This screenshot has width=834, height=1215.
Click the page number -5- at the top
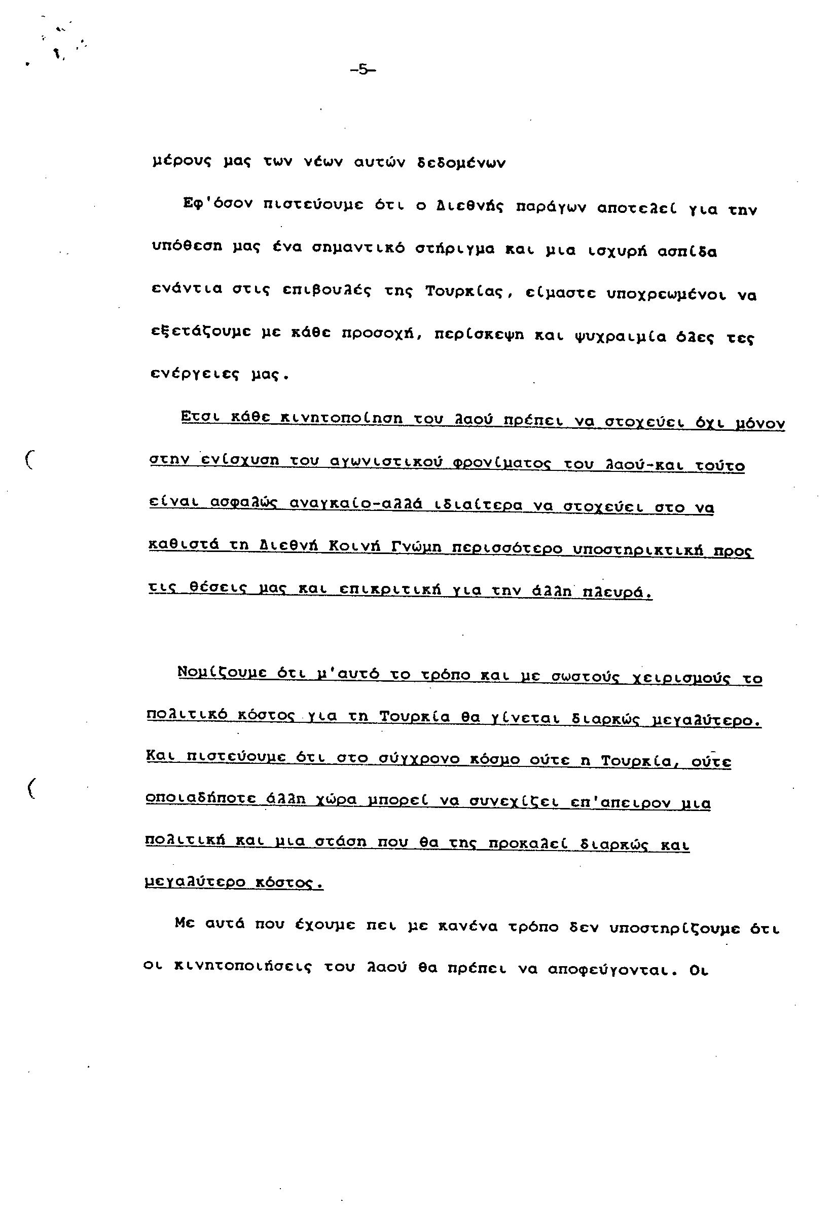(363, 69)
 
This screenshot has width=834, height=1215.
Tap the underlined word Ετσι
(198, 417)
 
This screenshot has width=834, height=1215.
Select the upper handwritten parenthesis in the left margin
(29, 460)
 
